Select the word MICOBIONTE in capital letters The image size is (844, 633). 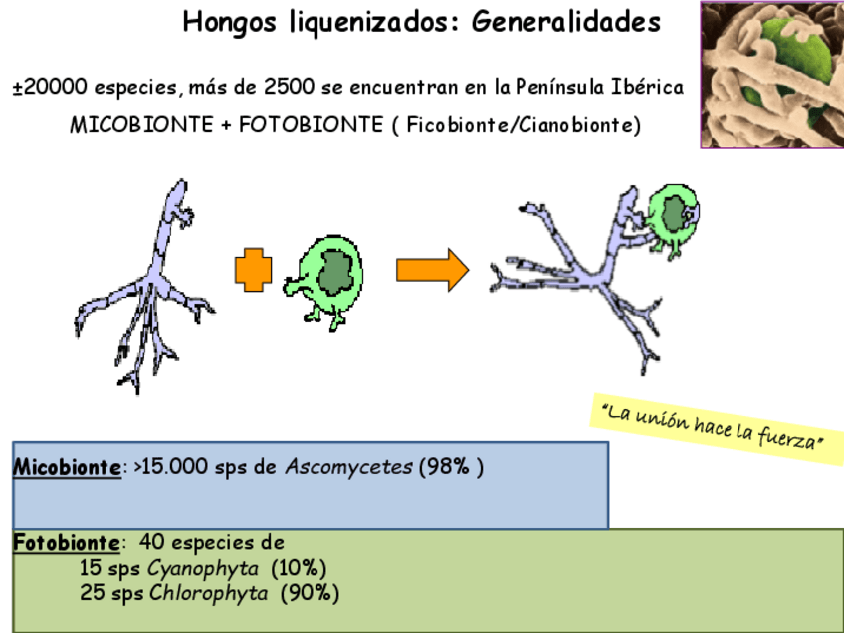tap(140, 126)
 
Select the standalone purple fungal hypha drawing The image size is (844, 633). tap(149, 289)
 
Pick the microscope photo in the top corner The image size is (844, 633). tap(771, 75)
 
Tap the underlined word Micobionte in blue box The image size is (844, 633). tap(67, 467)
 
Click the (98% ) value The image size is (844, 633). tap(451, 467)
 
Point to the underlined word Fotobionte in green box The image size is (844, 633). tap(67, 543)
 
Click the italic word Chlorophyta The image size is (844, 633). tap(209, 594)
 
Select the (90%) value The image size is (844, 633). tap(310, 594)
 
